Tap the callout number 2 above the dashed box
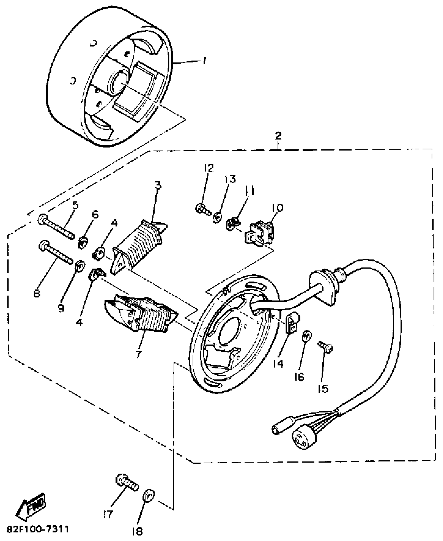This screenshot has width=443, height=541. click(x=278, y=136)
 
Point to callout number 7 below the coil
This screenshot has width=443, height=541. click(x=138, y=354)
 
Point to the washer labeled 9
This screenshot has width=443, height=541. click(x=80, y=265)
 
